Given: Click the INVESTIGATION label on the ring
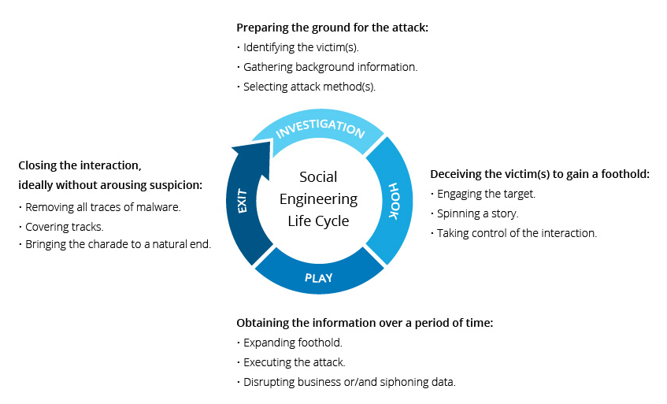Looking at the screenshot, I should click(x=321, y=128).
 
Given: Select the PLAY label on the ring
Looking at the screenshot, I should click(x=319, y=277).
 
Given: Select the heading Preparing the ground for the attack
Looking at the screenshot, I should click(x=332, y=28).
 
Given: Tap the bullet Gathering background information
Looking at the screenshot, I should click(x=330, y=67).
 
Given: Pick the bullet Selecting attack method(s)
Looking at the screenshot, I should click(x=309, y=87).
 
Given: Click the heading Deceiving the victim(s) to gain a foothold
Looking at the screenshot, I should click(x=539, y=174).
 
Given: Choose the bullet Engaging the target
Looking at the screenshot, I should click(x=486, y=194).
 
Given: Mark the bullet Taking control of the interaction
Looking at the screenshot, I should click(x=517, y=233).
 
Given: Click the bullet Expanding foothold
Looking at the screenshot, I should click(x=293, y=343).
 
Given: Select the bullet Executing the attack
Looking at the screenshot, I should click(x=295, y=362).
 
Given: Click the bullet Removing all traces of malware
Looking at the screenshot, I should click(x=103, y=208).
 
